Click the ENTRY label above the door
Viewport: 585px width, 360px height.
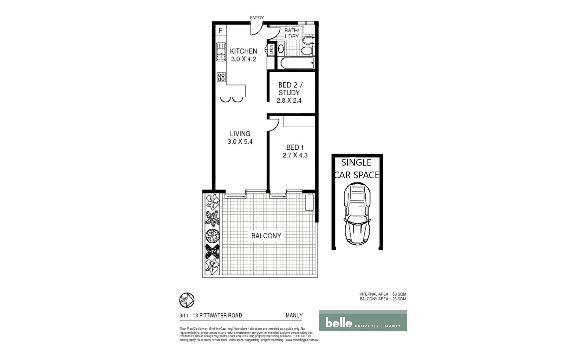coord(256,18)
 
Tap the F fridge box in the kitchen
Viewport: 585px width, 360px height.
coord(220,31)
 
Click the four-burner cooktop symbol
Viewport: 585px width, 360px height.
coord(221,77)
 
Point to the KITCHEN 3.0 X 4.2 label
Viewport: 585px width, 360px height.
coord(243,55)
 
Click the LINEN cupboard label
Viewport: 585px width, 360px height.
coord(271,50)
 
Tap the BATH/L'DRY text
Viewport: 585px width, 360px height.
coord(292,33)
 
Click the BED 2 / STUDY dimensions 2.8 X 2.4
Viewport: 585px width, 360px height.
coord(289,101)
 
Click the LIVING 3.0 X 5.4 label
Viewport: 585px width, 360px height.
coord(240,137)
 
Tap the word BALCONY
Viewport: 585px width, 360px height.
coord(266,236)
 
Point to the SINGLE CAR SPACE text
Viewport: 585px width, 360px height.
coord(356,169)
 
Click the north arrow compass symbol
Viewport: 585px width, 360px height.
coord(187,300)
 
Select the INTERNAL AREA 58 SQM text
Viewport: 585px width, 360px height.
coord(382,294)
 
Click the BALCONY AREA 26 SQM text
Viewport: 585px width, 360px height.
coord(383,299)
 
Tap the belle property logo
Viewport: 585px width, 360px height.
coord(363,321)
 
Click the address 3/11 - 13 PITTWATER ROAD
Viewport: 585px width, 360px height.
coord(210,315)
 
